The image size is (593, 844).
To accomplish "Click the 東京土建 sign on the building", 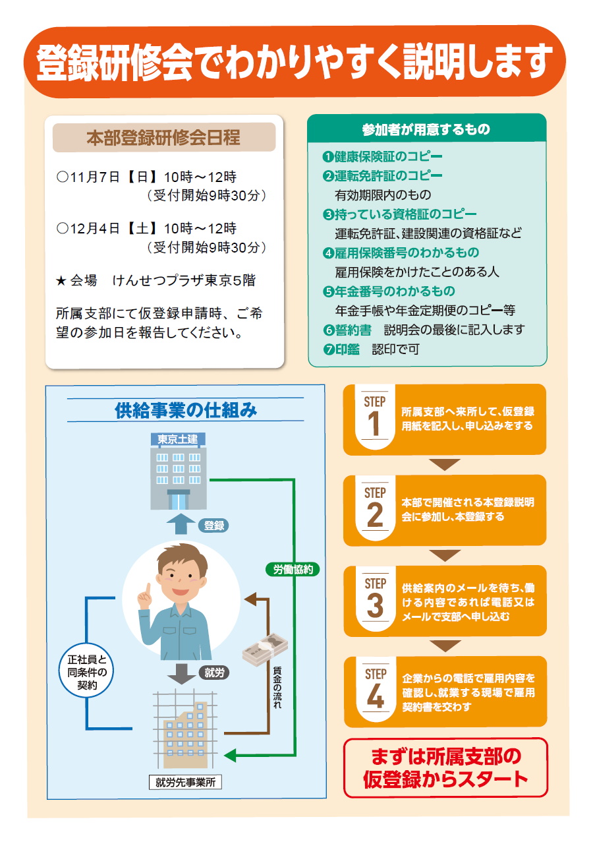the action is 178,439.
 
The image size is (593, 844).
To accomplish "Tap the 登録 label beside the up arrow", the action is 213,526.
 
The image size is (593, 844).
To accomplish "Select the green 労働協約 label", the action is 293,569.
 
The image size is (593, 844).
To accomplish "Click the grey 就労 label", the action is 214,673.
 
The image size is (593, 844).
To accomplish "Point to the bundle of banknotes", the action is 266,649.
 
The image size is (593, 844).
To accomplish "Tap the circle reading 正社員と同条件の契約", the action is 87,672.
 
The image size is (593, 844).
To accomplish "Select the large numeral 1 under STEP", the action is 374,423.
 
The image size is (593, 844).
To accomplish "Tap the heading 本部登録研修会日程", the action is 163,138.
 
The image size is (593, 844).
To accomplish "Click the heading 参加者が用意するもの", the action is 426,129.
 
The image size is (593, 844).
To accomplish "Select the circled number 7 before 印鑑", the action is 329,349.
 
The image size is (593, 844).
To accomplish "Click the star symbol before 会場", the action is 61,281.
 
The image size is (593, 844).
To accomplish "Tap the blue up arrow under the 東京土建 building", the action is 181,524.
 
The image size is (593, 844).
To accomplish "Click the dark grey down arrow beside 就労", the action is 181,674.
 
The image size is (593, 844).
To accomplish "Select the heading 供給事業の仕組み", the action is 186,410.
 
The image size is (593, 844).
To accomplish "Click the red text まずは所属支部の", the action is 446,756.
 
